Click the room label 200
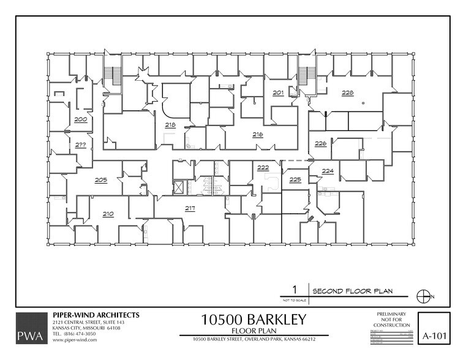tap(80, 119)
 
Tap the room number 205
tap(101, 180)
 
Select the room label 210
tap(108, 214)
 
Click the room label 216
tap(257, 133)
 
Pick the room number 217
tap(190, 208)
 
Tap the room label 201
tap(278, 93)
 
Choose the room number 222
tap(263, 167)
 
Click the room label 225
tap(295, 179)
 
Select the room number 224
tap(328, 171)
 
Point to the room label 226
tap(320, 143)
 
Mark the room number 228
tap(347, 93)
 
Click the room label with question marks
tap(80, 145)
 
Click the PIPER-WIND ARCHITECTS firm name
tap(96, 315)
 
